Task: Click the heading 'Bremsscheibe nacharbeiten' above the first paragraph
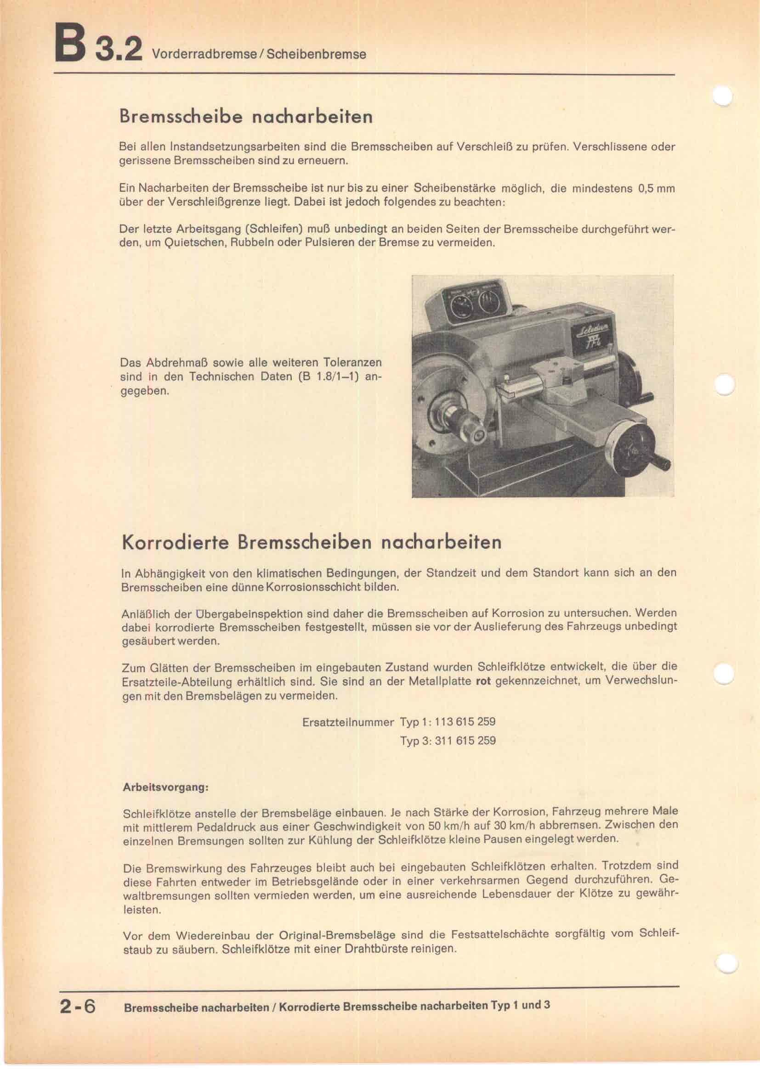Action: pyautogui.click(x=246, y=117)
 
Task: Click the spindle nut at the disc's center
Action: pyautogui.click(x=478, y=434)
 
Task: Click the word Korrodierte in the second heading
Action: pyautogui.click(x=176, y=542)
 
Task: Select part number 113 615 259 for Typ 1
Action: pyautogui.click(x=465, y=721)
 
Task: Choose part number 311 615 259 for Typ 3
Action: pyautogui.click(x=465, y=741)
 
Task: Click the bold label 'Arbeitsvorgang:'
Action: pyautogui.click(x=165, y=787)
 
